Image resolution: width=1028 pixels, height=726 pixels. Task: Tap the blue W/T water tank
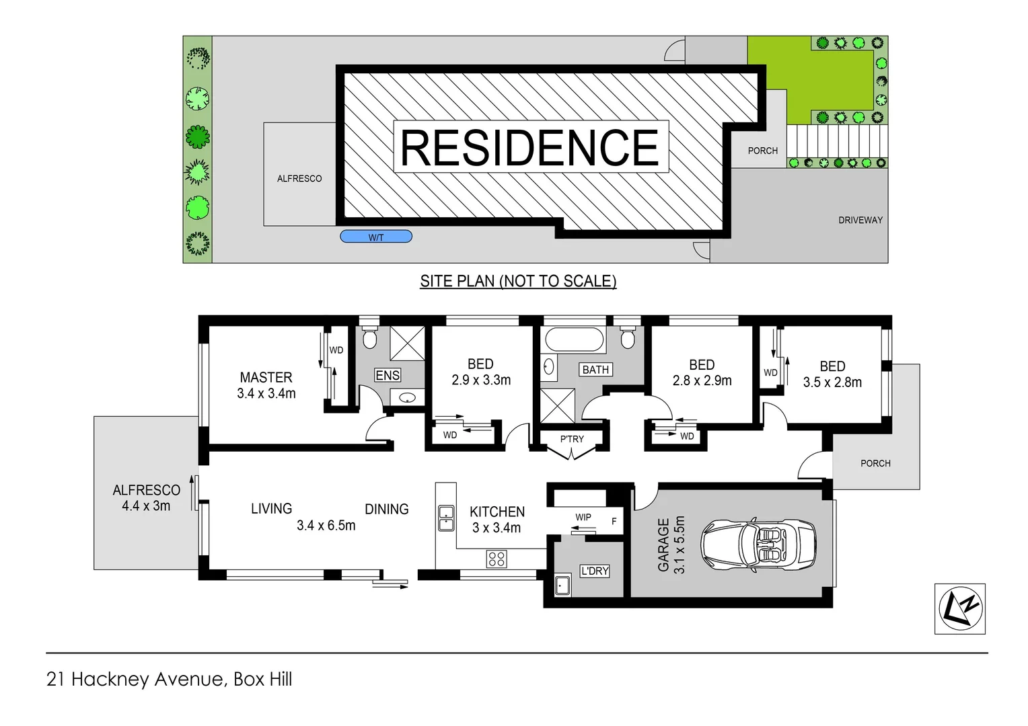coord(376,237)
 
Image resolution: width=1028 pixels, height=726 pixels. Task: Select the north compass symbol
coord(960,608)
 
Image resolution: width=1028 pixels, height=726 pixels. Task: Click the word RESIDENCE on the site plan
coord(530,147)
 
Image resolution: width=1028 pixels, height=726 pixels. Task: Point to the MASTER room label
coord(266,377)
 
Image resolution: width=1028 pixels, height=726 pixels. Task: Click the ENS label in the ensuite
coord(388,375)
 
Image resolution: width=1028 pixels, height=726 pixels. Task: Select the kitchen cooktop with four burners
coord(497,559)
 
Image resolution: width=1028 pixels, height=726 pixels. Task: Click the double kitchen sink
coord(445,516)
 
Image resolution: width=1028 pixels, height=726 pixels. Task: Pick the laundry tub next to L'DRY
coord(562,586)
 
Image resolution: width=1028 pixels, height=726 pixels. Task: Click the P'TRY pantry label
coord(572,439)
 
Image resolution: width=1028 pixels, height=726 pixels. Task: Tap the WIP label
coord(583,517)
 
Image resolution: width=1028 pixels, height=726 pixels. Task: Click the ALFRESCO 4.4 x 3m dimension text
coord(146,506)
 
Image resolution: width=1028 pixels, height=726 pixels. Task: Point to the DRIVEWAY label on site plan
coord(860,220)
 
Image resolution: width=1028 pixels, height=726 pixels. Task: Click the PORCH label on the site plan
coord(762,151)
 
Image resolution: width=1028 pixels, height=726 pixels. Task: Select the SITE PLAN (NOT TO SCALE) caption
coord(518,281)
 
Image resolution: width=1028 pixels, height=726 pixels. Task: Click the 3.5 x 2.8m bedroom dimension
coord(832,382)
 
